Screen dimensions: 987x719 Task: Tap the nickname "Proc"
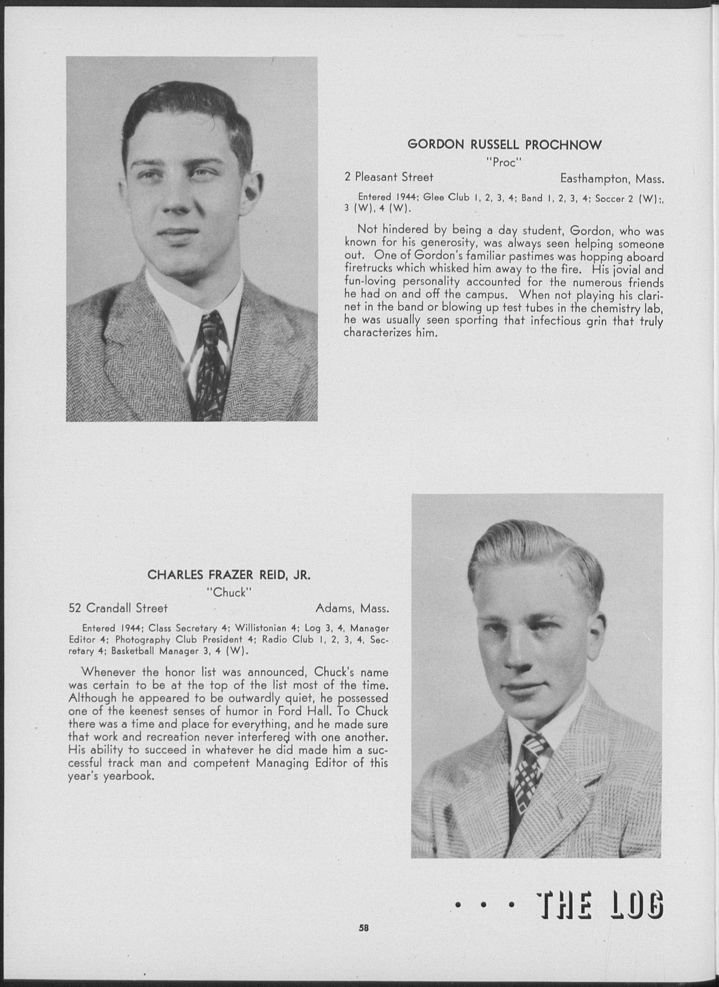[504, 163]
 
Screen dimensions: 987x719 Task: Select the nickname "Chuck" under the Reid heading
[229, 592]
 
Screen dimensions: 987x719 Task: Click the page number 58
[364, 927]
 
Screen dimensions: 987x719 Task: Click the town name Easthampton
[596, 178]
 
